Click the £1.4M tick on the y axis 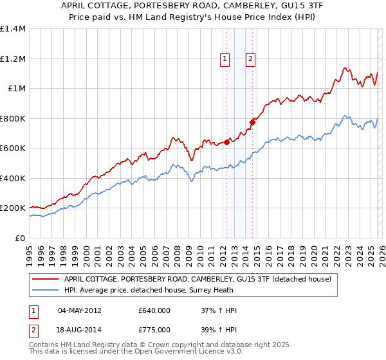pyautogui.click(x=13, y=29)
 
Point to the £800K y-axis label pyautogui.click(x=13, y=118)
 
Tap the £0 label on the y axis pyautogui.click(x=19, y=238)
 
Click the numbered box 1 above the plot pyautogui.click(x=225, y=59)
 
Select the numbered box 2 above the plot pyautogui.click(x=250, y=59)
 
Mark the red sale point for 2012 pyautogui.click(x=226, y=143)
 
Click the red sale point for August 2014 pyautogui.click(x=252, y=122)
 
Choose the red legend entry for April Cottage pyautogui.click(x=198, y=279)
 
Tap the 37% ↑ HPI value pyautogui.click(x=219, y=310)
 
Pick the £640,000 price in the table pyautogui.click(x=154, y=310)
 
